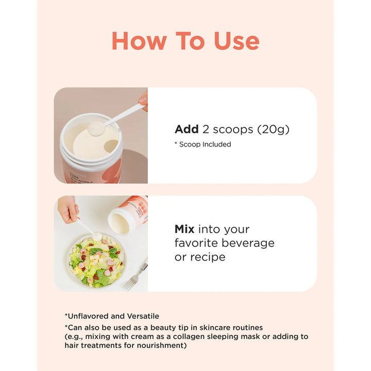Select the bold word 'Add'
pos(187,129)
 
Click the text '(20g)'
pos(273,130)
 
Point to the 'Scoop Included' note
pos(205,144)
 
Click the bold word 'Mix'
pos(184,229)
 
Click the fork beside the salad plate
pos(135,276)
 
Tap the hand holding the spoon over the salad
pos(68,209)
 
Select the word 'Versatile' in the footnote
pos(143,316)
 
